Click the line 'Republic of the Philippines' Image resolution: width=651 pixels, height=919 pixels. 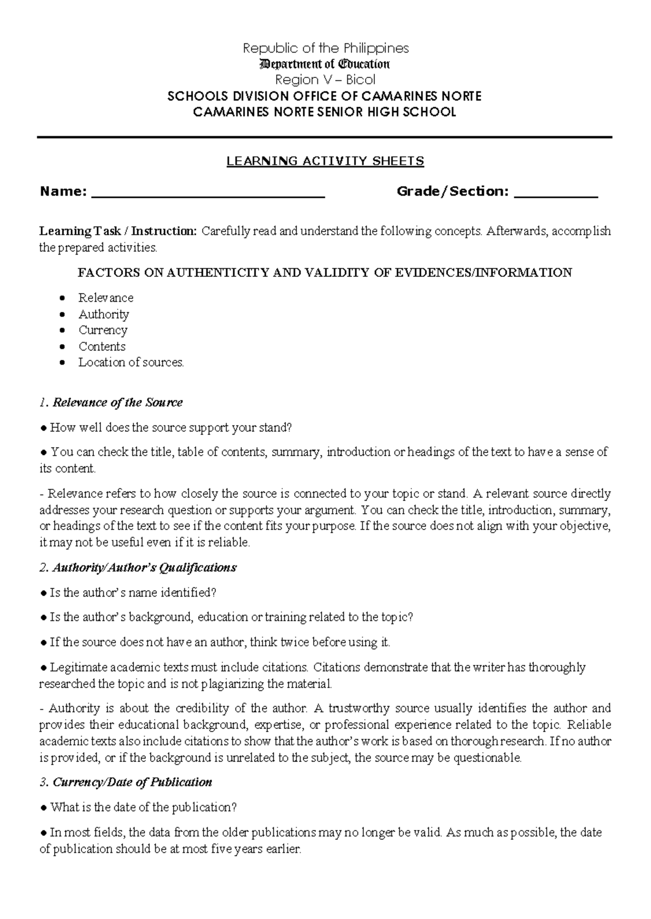tap(325, 48)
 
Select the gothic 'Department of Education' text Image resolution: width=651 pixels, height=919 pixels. tap(325, 64)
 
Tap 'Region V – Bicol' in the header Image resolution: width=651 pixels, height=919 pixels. tap(325, 80)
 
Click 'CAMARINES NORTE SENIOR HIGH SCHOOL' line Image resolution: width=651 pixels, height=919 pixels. tap(325, 112)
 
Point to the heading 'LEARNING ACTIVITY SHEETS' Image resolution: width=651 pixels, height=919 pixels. tap(325, 161)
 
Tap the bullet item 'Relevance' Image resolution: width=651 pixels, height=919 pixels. tap(106, 298)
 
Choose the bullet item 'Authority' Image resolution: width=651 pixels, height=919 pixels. tap(104, 314)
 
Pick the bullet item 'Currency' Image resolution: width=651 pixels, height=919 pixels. tap(103, 330)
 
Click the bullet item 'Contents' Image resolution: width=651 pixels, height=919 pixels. tap(102, 346)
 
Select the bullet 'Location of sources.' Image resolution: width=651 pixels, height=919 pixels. tap(131, 363)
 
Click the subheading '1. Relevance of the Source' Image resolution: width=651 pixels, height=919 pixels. tap(111, 403)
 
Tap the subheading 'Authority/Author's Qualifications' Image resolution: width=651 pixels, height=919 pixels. tap(144, 568)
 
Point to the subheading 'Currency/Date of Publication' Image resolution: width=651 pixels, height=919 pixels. tap(132, 782)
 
